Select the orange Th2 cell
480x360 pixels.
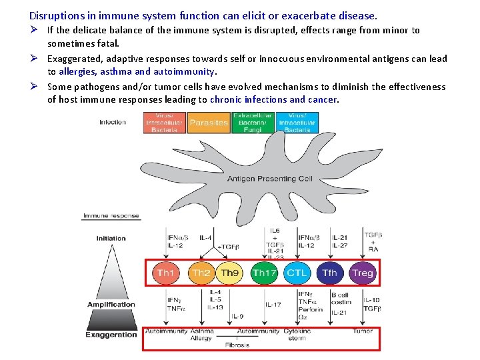(201, 273)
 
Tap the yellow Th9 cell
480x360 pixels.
(229, 273)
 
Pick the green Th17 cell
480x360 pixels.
(264, 273)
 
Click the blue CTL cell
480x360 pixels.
(297, 273)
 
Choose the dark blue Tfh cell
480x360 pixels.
(329, 273)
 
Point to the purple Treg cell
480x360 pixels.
(363, 273)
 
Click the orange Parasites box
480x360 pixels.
(209, 123)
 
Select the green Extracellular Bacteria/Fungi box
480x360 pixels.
(252, 123)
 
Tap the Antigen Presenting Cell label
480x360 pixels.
(269, 179)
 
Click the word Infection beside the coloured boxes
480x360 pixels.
(112, 122)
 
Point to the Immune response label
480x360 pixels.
(111, 216)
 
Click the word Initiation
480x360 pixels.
(111, 238)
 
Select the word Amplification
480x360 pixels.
(111, 305)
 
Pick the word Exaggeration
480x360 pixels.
(111, 335)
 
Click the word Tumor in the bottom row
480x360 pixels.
(363, 331)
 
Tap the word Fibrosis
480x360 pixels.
(237, 345)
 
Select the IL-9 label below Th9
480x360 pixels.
(238, 316)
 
